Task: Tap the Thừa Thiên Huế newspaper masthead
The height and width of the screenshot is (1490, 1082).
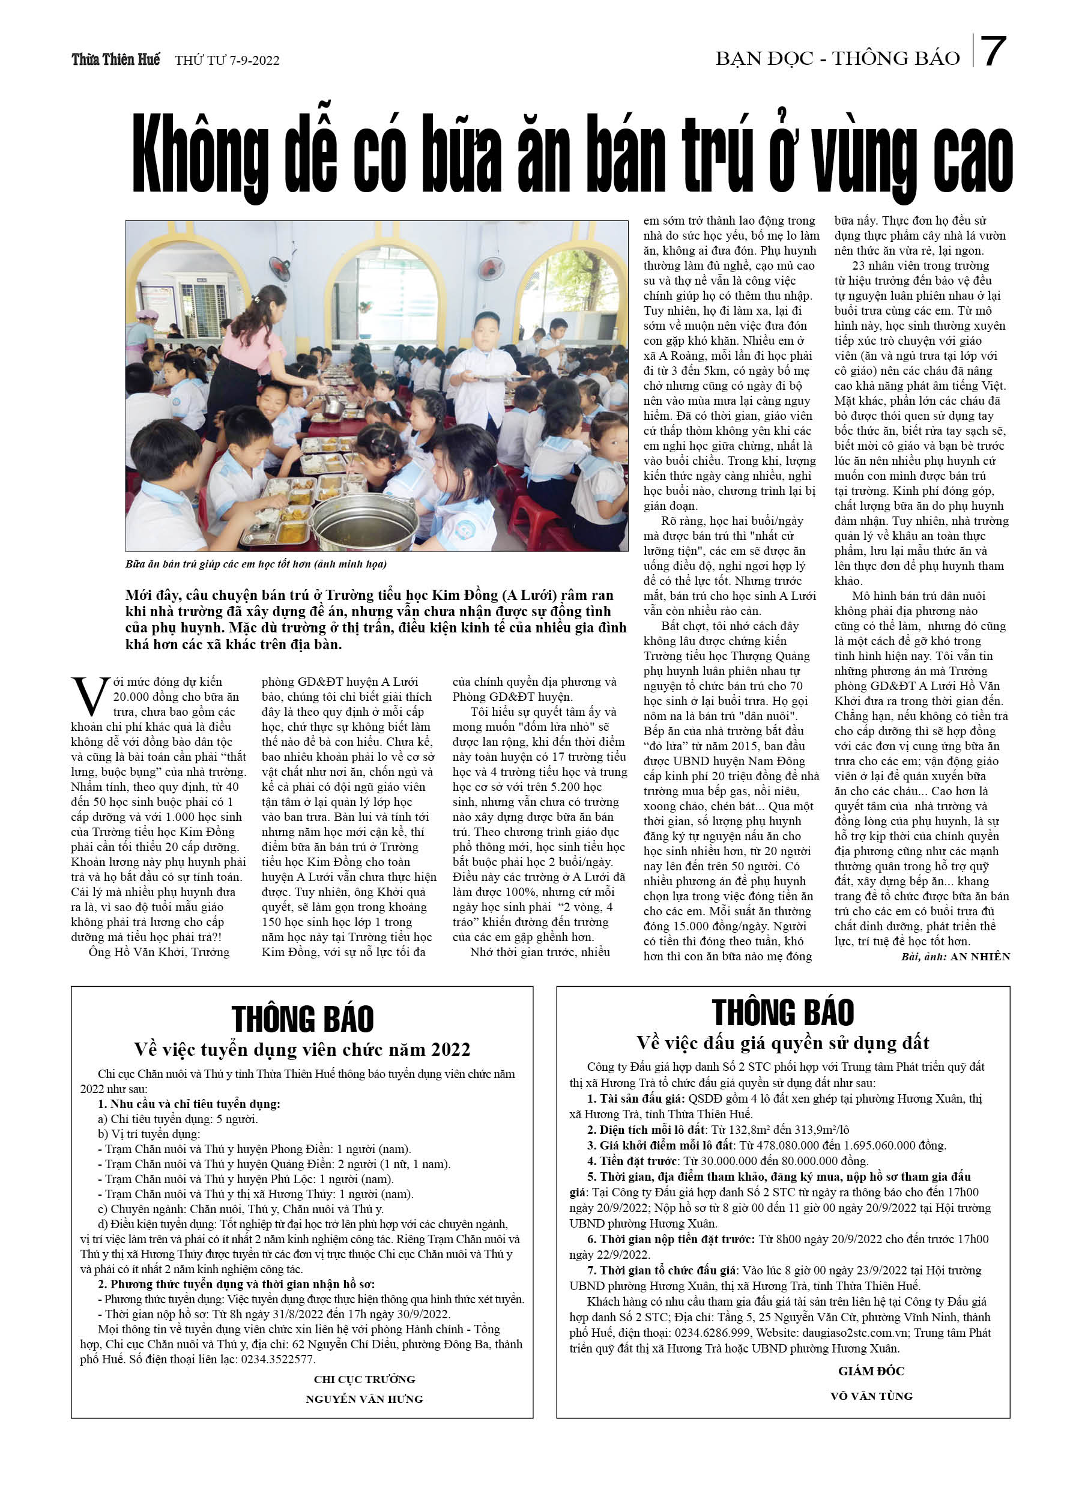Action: pyautogui.click(x=116, y=60)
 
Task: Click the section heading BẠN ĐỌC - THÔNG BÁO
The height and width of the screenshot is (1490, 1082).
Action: pyautogui.click(x=838, y=58)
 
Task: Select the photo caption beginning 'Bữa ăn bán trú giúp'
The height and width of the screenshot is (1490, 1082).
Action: pyautogui.click(x=256, y=564)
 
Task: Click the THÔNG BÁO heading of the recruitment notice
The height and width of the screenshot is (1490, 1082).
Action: pyautogui.click(x=302, y=1020)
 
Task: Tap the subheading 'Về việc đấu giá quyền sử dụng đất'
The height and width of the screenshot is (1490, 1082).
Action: pyautogui.click(x=782, y=1043)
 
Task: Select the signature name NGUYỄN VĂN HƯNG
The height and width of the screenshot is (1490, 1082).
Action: pyautogui.click(x=364, y=1399)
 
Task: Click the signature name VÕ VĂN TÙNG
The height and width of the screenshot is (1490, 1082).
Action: pyautogui.click(x=871, y=1396)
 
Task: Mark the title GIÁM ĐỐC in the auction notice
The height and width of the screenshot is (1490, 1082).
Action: pyautogui.click(x=871, y=1371)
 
